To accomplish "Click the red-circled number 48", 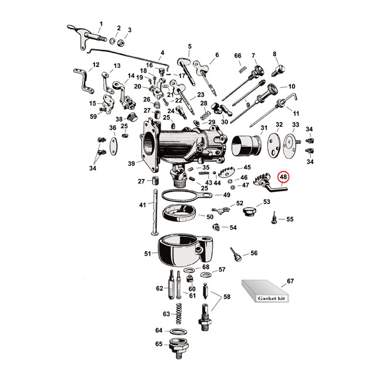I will point(284,176).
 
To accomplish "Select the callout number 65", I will point(158,343).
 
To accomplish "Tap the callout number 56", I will point(254,253).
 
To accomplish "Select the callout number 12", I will point(96,64).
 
